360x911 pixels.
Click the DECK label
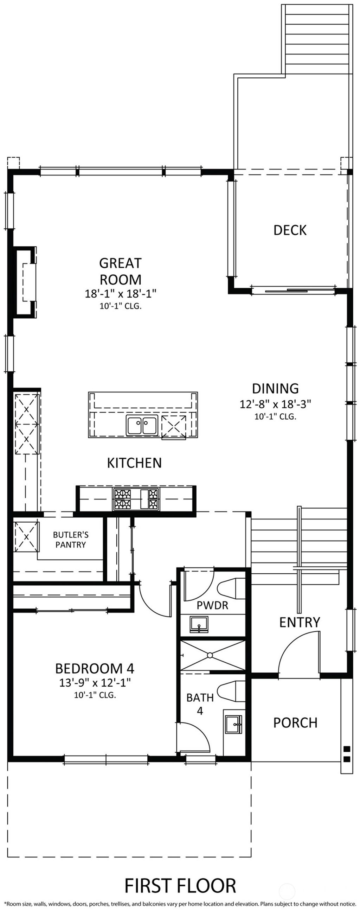(290, 230)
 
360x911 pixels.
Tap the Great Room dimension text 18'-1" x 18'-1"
(120, 294)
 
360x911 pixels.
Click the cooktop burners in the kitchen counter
(136, 498)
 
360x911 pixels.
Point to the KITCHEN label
(134, 463)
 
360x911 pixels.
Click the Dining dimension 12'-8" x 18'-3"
(275, 404)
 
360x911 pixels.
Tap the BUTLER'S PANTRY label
(71, 540)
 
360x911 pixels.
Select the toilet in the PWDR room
(231, 589)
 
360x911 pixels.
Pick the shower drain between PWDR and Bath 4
(210, 655)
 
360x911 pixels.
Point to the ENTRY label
(300, 623)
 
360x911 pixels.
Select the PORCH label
(295, 722)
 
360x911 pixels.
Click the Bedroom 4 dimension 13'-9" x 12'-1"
(95, 682)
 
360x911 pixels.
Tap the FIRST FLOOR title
(180, 886)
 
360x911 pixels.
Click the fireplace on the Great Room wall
(25, 282)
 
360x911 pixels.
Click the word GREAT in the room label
(120, 263)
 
